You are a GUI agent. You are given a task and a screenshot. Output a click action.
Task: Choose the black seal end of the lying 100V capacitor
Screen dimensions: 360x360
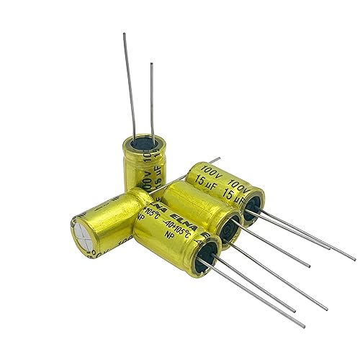[x=253, y=208]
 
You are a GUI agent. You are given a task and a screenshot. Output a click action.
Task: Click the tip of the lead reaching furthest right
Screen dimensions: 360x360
[x=354, y=260]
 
